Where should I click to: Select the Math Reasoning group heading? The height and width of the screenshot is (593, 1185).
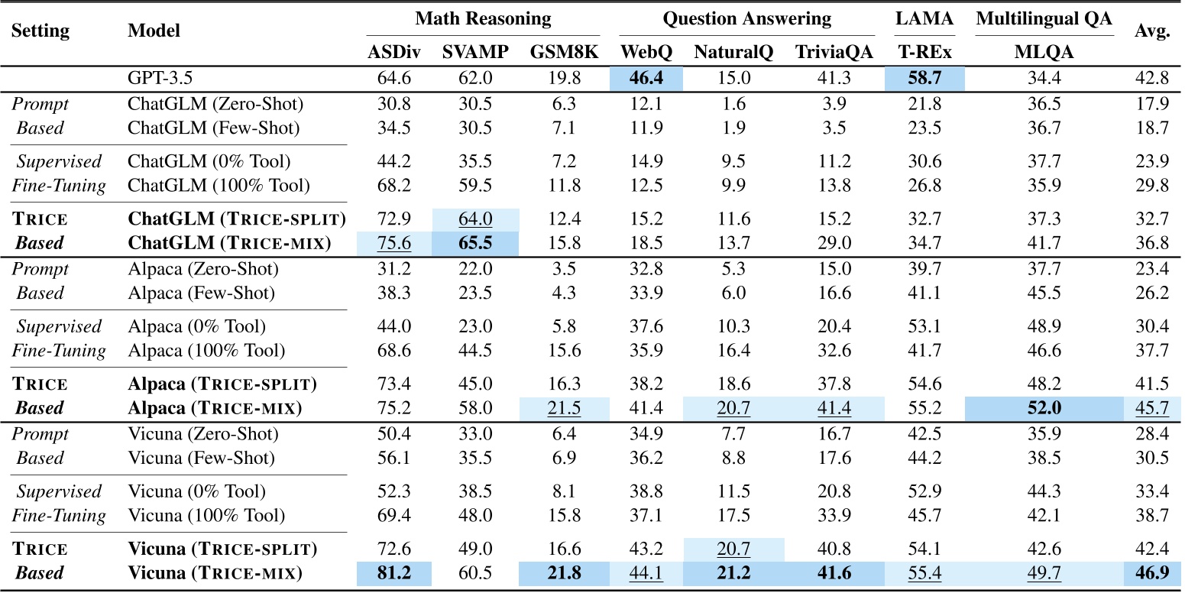pos(483,18)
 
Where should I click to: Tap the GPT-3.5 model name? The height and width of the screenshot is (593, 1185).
pos(160,79)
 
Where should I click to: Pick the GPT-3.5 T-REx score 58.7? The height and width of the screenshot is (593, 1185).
pos(924,79)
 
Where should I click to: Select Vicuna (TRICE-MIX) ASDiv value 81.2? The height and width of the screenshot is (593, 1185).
pos(393,573)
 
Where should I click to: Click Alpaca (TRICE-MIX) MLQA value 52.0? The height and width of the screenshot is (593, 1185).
pos(1044,409)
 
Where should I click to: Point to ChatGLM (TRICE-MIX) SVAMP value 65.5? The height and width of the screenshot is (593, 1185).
pos(474,244)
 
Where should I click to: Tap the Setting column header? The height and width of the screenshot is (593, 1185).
pos(40,31)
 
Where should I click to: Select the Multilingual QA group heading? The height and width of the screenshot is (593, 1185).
pos(1044,18)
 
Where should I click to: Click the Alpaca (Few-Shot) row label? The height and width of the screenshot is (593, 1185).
pos(202,293)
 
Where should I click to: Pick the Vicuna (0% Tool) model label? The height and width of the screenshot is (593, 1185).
pos(196,491)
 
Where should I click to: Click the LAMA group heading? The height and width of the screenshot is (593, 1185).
pos(924,18)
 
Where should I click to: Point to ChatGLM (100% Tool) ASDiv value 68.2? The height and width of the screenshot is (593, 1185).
pos(393,185)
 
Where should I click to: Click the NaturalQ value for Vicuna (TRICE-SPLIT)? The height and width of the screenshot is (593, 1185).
pos(733,549)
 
